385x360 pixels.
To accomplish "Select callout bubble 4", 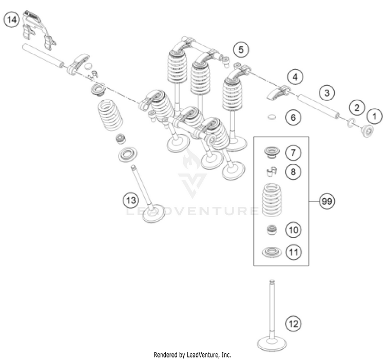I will pyautogui.click(x=294, y=78).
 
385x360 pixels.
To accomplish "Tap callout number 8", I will pyautogui.click(x=293, y=171).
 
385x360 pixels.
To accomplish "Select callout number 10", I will pyautogui.click(x=293, y=230).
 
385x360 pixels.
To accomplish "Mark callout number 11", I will pyautogui.click(x=293, y=252).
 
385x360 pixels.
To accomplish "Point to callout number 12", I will pyautogui.click(x=293, y=324).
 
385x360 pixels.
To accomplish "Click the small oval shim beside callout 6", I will pyautogui.click(x=272, y=118).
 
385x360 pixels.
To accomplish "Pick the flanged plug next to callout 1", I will pyautogui.click(x=367, y=131).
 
